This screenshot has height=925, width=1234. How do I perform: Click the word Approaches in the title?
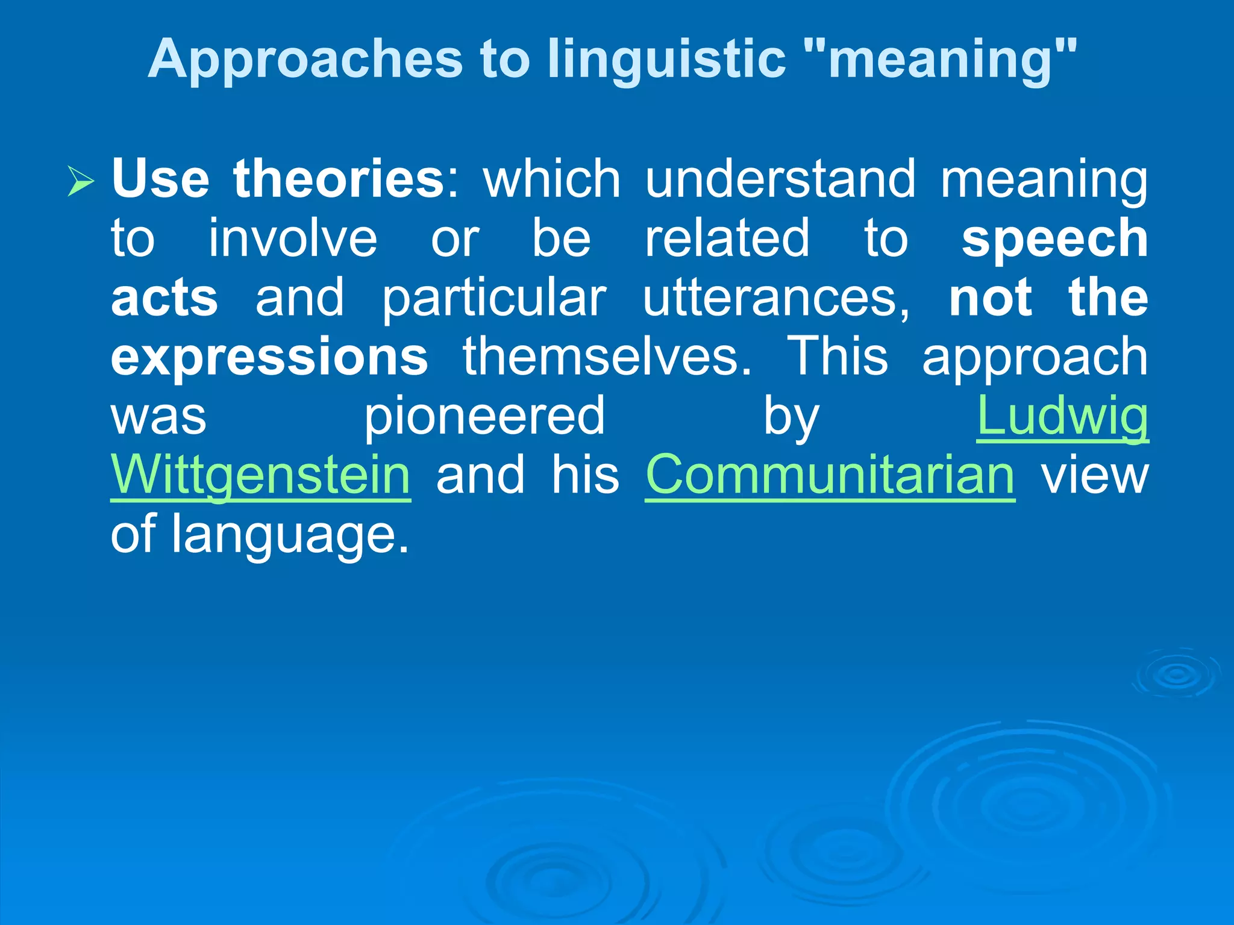point(305,59)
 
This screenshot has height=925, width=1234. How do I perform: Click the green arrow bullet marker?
point(81,181)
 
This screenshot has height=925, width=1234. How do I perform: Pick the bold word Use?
point(160,179)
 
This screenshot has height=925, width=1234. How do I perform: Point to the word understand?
point(780,179)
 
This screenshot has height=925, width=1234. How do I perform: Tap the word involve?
point(293,238)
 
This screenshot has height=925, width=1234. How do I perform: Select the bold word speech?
point(1054,238)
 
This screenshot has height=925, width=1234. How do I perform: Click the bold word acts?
point(164,297)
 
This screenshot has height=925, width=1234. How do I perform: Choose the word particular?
point(494,297)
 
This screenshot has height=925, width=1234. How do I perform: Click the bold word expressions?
point(269,357)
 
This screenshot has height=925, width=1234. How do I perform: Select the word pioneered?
point(484,416)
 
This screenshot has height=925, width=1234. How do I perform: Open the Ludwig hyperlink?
point(1062,416)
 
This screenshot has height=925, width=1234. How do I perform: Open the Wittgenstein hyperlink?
point(260,475)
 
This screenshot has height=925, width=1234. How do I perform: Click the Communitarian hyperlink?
point(830,475)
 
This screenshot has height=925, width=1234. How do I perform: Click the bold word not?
point(990,297)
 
